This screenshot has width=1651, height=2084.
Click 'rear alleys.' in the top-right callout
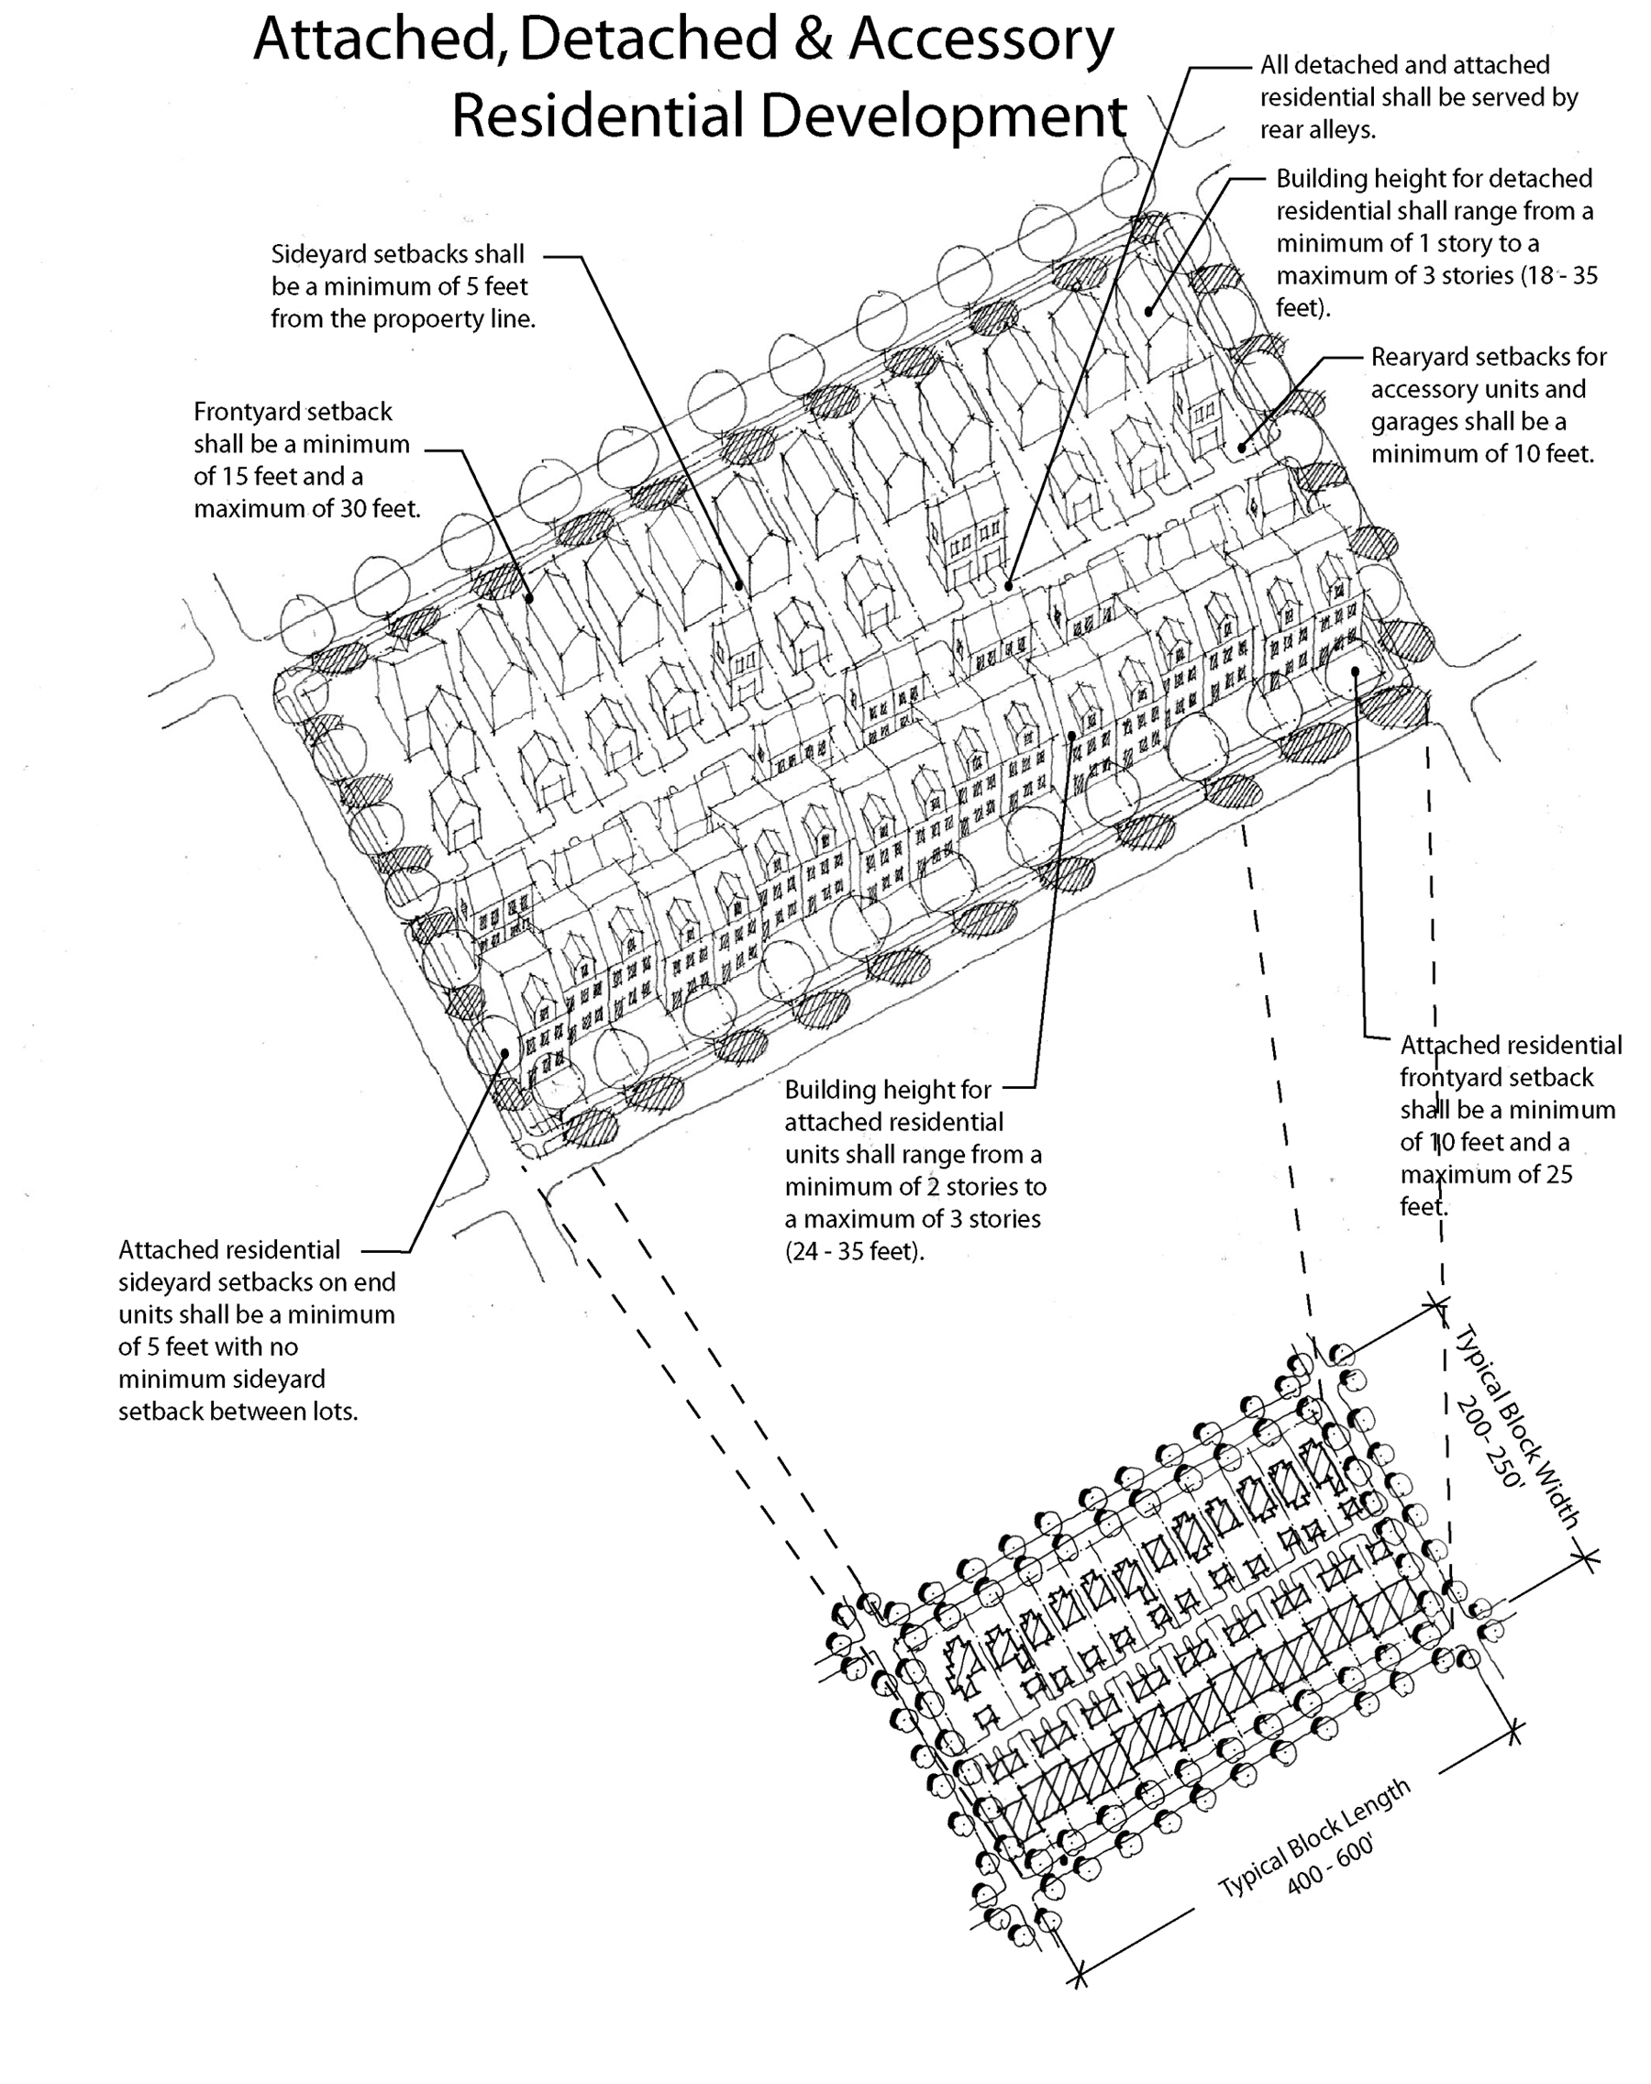click(1317, 130)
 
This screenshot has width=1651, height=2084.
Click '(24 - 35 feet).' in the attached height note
click(855, 1252)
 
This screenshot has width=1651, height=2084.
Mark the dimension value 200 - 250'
click(1490, 1442)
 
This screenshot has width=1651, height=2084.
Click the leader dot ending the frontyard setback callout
click(530, 598)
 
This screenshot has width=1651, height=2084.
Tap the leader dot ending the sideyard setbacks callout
click(739, 585)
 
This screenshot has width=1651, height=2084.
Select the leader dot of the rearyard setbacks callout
click(1242, 448)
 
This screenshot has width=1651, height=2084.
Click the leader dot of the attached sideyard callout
click(504, 1053)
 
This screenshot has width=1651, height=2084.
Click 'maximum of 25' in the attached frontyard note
click(1487, 1175)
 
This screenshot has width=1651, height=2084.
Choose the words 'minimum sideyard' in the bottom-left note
click(221, 1380)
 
